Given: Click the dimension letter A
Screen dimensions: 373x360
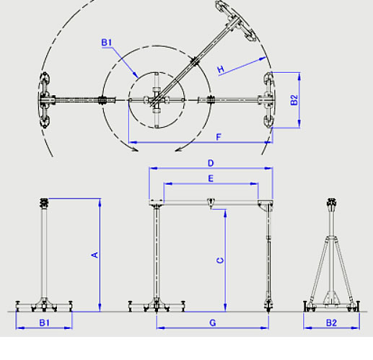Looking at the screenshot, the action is point(95,255).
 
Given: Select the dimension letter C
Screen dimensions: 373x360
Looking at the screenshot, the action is point(220,260).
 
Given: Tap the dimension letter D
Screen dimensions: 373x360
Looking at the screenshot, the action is point(211,163).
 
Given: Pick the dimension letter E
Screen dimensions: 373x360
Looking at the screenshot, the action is point(211,179).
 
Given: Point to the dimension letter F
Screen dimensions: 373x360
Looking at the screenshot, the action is point(219,137).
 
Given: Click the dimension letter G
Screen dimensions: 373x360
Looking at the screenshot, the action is point(213,322).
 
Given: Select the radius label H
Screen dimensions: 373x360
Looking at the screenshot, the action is point(221,69).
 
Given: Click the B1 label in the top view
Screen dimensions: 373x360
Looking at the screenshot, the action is point(107,43).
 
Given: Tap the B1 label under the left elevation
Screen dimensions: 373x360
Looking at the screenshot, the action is point(45,322).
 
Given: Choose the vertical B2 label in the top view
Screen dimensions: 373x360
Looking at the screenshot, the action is point(294,100).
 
